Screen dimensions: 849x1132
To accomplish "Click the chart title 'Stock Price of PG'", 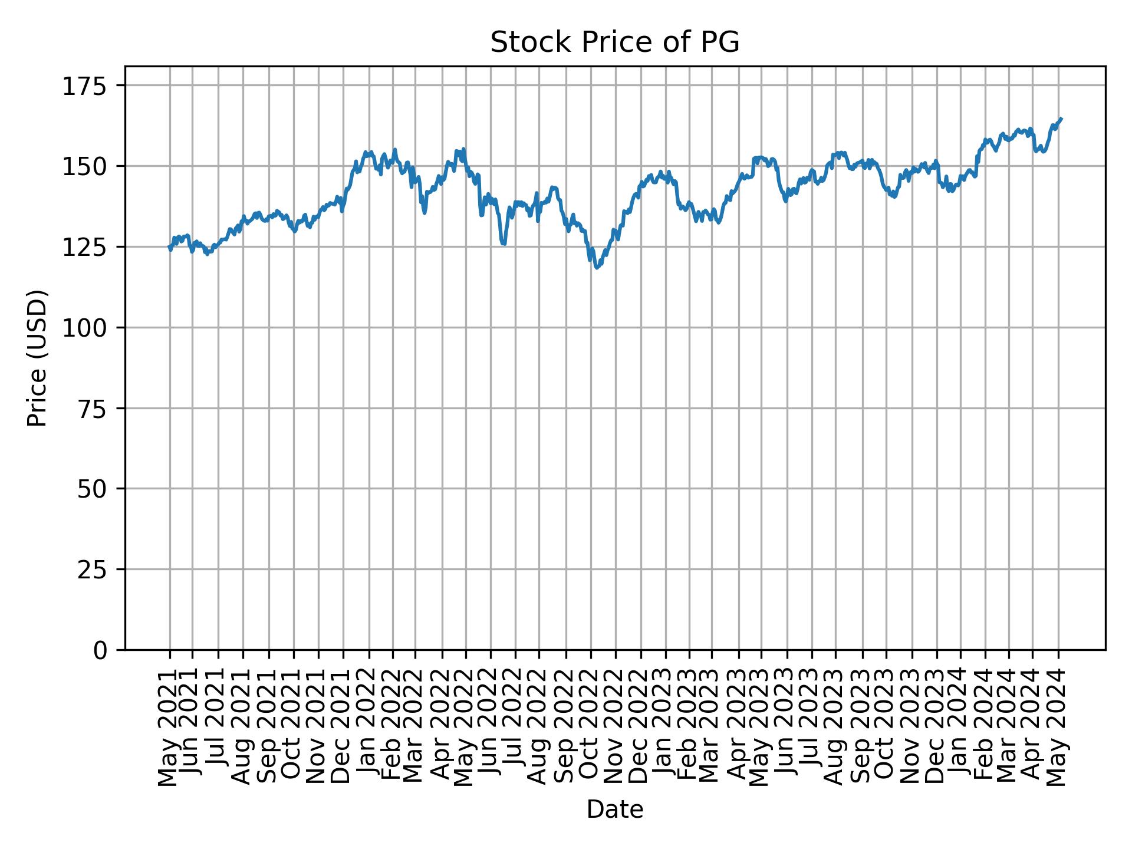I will (614, 43).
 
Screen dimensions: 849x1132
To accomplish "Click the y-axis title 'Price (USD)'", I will (37, 358).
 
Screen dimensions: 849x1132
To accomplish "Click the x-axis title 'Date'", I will (614, 809).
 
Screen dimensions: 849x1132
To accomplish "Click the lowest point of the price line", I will (597, 268).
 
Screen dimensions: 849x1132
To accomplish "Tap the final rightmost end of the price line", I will (1061, 119).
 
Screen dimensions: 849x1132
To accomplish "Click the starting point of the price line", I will (170, 247).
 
